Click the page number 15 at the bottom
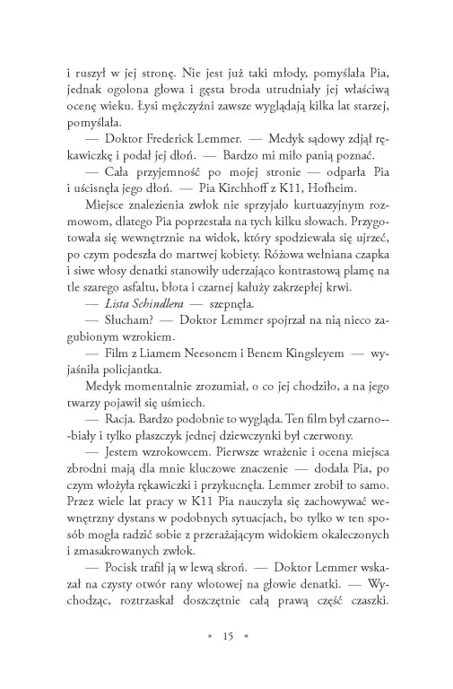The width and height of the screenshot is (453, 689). click(x=226, y=636)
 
